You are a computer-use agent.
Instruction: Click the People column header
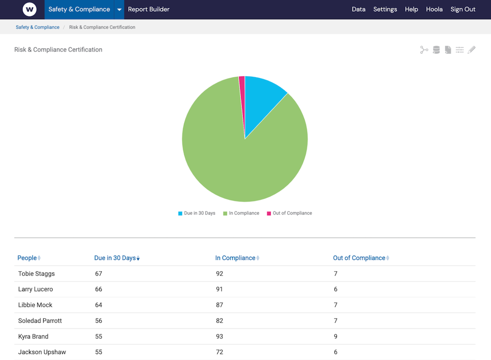(27, 258)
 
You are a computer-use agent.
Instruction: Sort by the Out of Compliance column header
(359, 258)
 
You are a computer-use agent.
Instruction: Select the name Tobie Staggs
(36, 274)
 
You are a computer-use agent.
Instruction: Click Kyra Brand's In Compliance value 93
(219, 336)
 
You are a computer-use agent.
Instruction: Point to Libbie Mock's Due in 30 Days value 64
(99, 305)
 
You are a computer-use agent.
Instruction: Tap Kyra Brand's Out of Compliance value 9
(336, 336)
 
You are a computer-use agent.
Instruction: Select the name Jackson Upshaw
(42, 352)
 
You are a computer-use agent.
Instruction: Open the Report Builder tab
(149, 9)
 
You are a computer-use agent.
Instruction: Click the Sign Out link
(463, 9)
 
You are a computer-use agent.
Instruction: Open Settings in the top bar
(385, 9)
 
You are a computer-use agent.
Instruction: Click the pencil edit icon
(471, 50)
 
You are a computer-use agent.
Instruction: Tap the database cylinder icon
(436, 50)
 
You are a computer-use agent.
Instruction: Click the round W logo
(30, 9)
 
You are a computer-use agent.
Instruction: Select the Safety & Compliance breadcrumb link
(37, 28)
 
